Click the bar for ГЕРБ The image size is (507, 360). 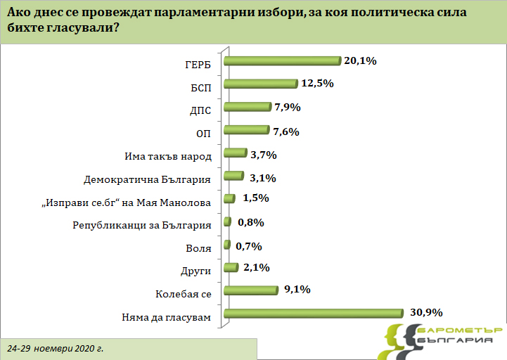click(281, 62)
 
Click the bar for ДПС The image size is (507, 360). click(247, 108)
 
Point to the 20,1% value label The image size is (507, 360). click(361, 61)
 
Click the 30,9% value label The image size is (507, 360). click(425, 312)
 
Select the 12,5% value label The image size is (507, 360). click(316, 84)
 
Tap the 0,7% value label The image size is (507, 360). click(248, 246)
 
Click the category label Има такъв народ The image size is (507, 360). click(167, 157)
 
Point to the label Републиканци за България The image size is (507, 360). click(143, 226)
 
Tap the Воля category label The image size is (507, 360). click(198, 249)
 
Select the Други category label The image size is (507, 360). click(196, 271)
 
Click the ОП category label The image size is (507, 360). click(203, 134)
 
